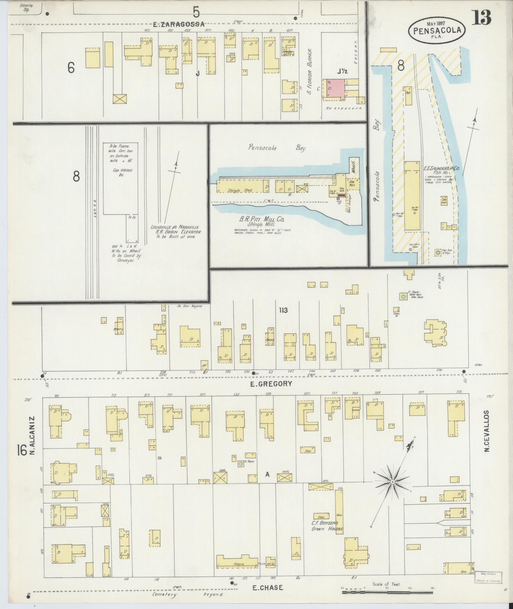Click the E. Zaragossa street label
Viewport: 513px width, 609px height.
pyautogui.click(x=178, y=24)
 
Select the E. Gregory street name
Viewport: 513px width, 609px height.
pyautogui.click(x=271, y=384)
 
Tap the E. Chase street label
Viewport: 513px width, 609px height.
pyautogui.click(x=267, y=587)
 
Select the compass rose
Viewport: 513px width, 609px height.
pyautogui.click(x=392, y=491)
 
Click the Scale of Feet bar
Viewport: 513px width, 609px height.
pyautogui.click(x=387, y=592)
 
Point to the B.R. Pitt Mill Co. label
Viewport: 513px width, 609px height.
pyautogui.click(x=262, y=220)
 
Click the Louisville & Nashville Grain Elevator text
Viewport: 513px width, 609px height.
pyautogui.click(x=175, y=232)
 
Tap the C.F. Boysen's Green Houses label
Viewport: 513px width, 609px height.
pyautogui.click(x=327, y=526)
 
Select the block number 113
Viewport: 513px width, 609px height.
pyautogui.click(x=283, y=310)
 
